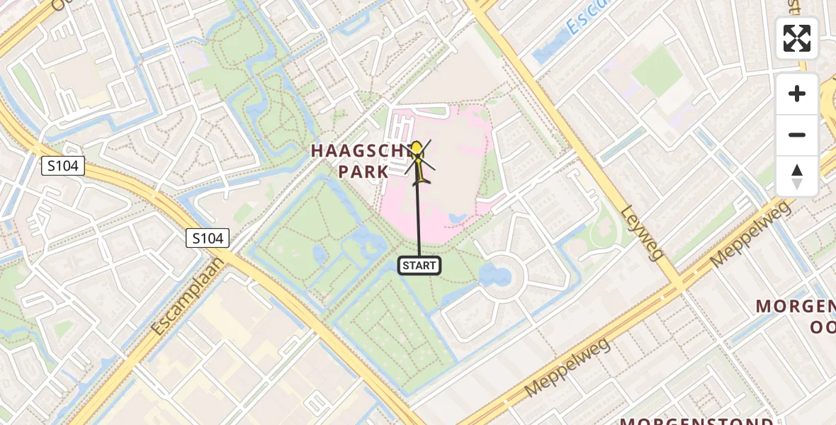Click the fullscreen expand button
point(797,38)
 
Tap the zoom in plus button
point(797,93)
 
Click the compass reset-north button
point(797,176)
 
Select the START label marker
point(419,266)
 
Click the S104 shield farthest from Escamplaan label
point(63,166)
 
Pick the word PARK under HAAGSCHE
point(363,171)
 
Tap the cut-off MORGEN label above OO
point(796,306)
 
